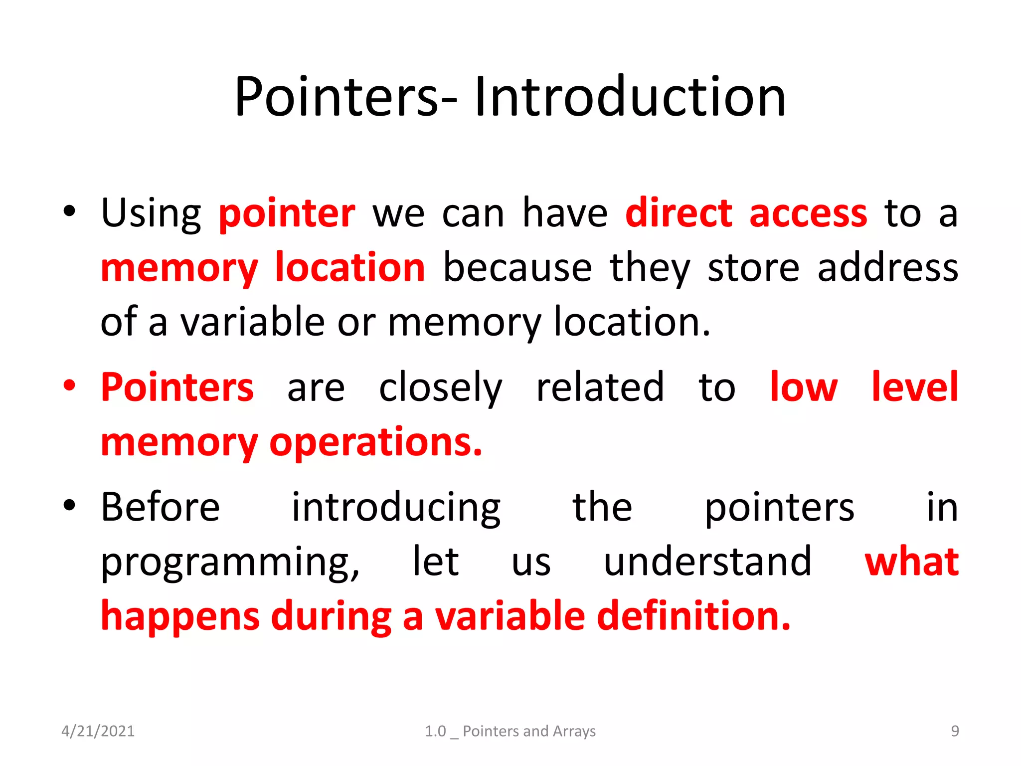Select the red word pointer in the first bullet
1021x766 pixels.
(x=287, y=214)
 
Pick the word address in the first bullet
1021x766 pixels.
(x=887, y=268)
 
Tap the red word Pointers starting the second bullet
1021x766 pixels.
(x=177, y=387)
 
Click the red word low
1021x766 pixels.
(x=803, y=387)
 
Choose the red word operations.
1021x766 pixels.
(x=375, y=443)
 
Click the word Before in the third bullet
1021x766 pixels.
(x=160, y=507)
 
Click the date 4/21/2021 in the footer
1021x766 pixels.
(x=98, y=731)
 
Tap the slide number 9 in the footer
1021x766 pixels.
(x=955, y=731)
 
